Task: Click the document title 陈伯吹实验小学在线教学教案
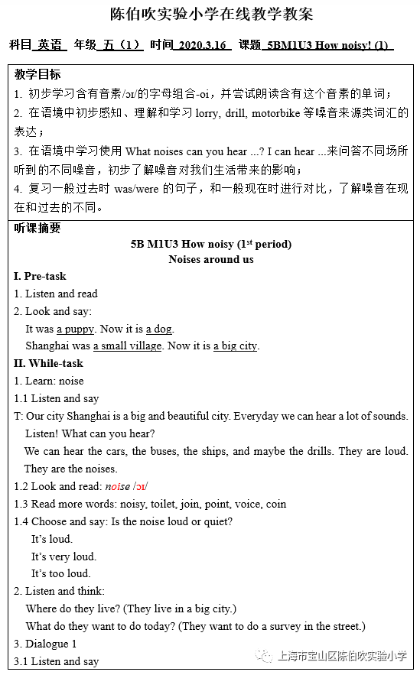pyautogui.click(x=210, y=14)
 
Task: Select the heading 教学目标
pyautogui.click(x=37, y=75)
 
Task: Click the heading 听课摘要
pyautogui.click(x=37, y=228)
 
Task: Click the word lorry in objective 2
pyautogui.click(x=239, y=112)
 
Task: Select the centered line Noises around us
pyautogui.click(x=211, y=259)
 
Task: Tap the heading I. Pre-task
pyautogui.click(x=40, y=276)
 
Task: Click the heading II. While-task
pyautogui.click(x=48, y=363)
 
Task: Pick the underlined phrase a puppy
pyautogui.click(x=75, y=329)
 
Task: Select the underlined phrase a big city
pyautogui.click(x=235, y=346)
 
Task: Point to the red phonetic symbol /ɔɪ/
pyautogui.click(x=140, y=486)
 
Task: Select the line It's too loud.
pyautogui.click(x=60, y=573)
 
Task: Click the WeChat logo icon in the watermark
pyautogui.click(x=264, y=656)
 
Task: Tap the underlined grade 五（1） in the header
pyautogui.click(x=122, y=45)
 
